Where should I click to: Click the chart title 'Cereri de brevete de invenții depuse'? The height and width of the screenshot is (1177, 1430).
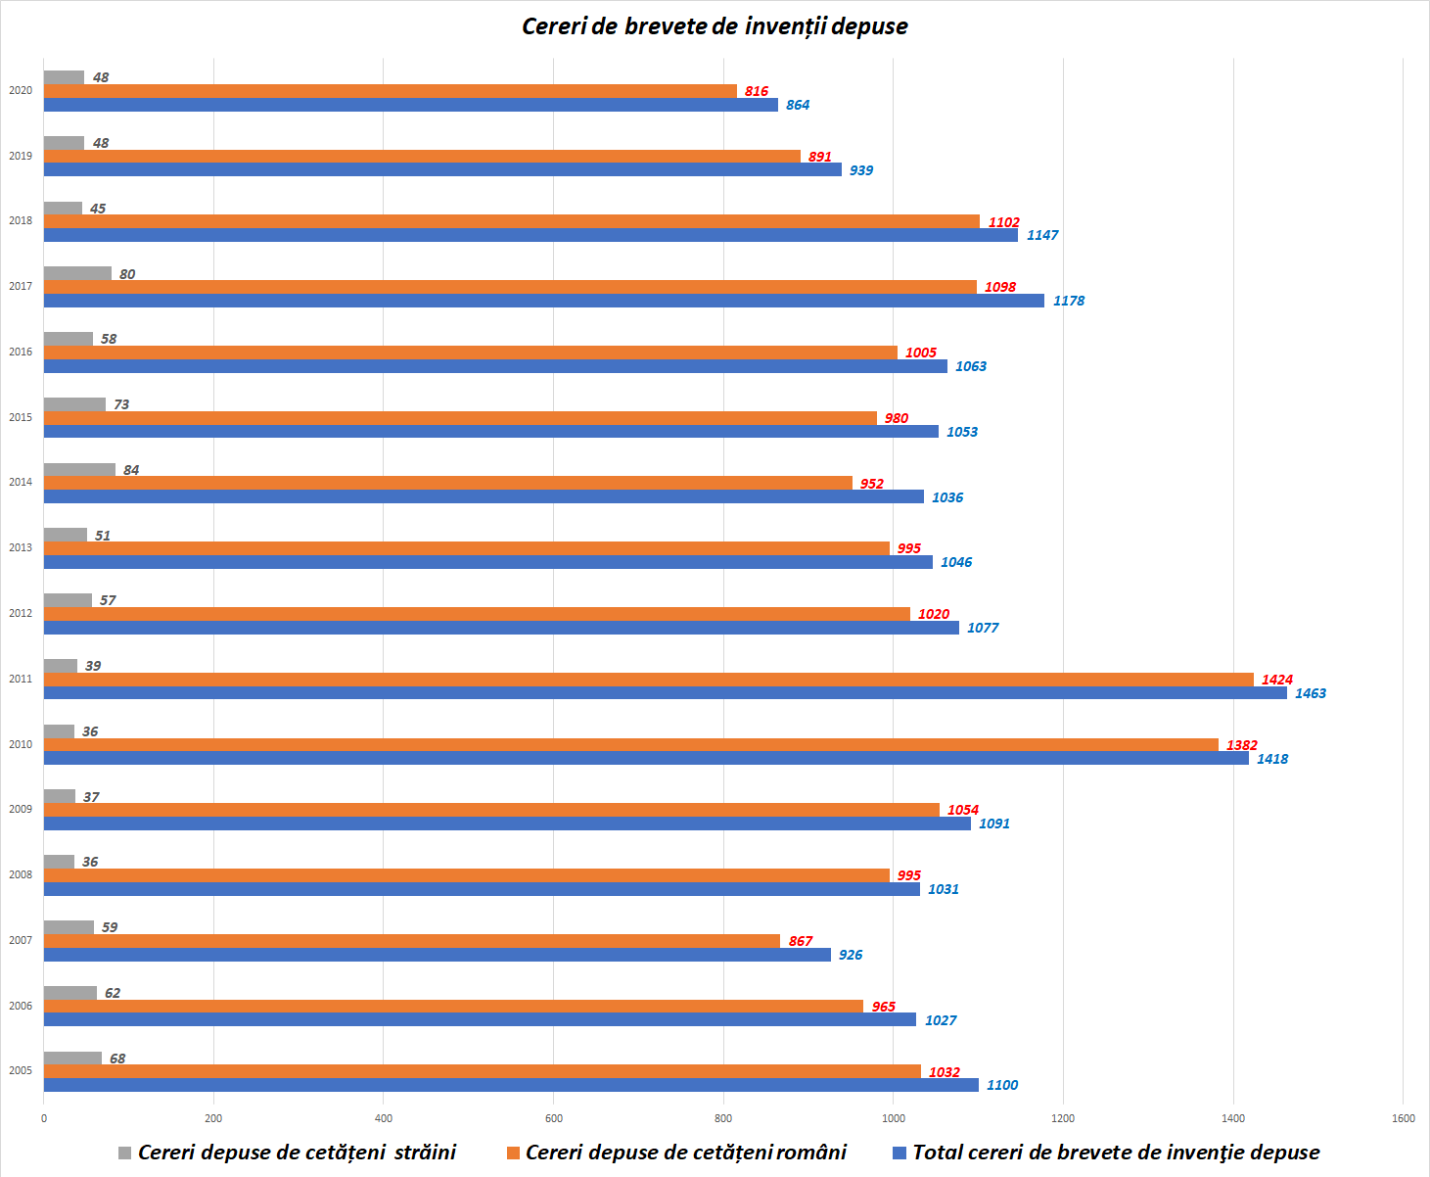click(715, 26)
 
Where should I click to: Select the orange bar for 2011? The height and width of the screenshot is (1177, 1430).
click(648, 680)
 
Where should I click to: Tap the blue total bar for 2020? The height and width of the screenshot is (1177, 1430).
click(411, 105)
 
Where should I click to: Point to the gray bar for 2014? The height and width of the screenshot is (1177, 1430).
click(79, 470)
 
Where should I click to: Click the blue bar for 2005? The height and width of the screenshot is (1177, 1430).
click(511, 1085)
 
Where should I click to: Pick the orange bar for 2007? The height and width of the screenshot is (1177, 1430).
click(412, 941)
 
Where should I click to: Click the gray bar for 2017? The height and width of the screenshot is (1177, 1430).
click(77, 273)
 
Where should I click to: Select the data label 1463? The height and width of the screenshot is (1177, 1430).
click(1310, 693)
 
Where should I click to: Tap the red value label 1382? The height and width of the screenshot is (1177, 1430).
click(1241, 745)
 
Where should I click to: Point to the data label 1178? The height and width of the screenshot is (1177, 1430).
click(1068, 301)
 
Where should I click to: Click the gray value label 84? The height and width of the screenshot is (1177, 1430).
click(131, 470)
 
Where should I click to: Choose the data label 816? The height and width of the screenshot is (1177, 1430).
click(756, 91)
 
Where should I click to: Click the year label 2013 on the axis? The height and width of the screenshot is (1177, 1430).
click(21, 547)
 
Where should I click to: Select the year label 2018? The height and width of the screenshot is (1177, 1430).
click(21, 220)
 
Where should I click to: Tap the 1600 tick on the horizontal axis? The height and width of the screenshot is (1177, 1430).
click(1403, 1118)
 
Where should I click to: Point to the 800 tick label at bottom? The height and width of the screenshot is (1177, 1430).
click(723, 1118)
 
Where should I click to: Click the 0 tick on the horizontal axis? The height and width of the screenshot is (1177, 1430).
click(43, 1118)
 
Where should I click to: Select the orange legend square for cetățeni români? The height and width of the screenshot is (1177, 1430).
click(513, 1153)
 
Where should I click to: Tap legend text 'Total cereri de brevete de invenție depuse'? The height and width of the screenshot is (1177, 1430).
click(1116, 1153)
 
